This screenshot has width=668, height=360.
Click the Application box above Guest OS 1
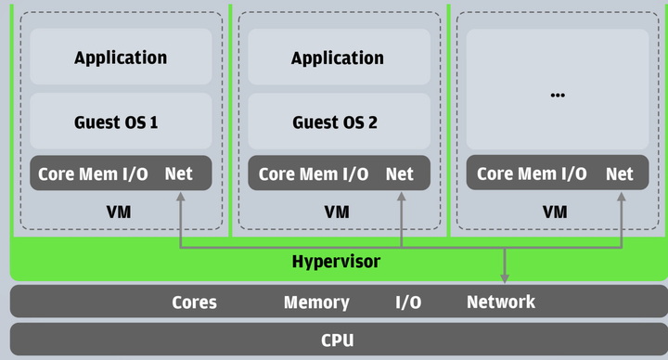point(121,58)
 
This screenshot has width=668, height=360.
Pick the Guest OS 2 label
point(335,122)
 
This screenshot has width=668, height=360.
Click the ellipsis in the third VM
point(558,94)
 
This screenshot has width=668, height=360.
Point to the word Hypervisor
point(336,262)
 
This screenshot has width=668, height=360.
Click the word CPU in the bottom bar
point(337,340)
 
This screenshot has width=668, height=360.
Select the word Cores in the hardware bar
point(194,302)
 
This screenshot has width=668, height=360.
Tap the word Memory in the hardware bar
point(316,302)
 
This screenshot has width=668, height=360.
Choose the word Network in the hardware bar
point(501,302)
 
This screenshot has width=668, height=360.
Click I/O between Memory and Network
point(408,302)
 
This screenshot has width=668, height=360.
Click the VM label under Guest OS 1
point(119,212)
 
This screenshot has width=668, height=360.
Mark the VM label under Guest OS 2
point(337,212)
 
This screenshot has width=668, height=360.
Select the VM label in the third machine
point(555,212)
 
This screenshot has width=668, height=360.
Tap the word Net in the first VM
point(179,174)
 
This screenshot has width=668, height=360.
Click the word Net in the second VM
point(400,174)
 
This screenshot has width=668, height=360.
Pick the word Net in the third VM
point(620,174)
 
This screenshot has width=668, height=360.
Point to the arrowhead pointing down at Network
point(505,277)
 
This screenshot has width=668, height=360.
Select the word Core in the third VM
point(495,174)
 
